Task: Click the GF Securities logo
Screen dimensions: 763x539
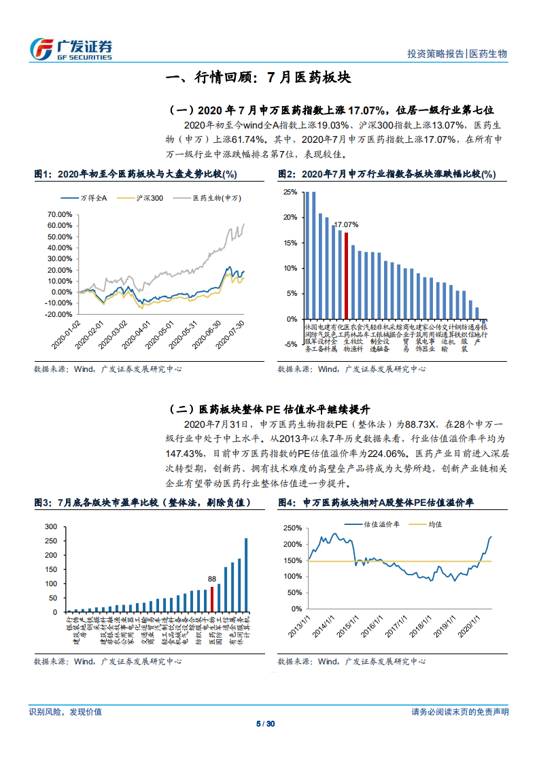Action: click(71, 48)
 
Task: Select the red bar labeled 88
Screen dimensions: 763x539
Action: click(212, 599)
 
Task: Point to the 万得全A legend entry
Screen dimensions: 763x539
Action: click(93, 198)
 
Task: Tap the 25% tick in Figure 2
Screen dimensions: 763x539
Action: click(290, 192)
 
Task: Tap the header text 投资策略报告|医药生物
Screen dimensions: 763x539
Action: click(457, 54)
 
